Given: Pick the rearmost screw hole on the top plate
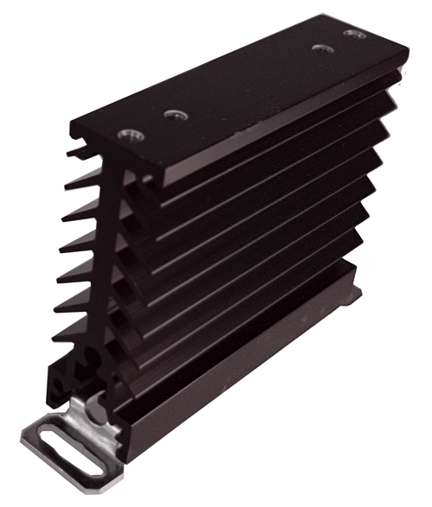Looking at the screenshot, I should tap(351, 34).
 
